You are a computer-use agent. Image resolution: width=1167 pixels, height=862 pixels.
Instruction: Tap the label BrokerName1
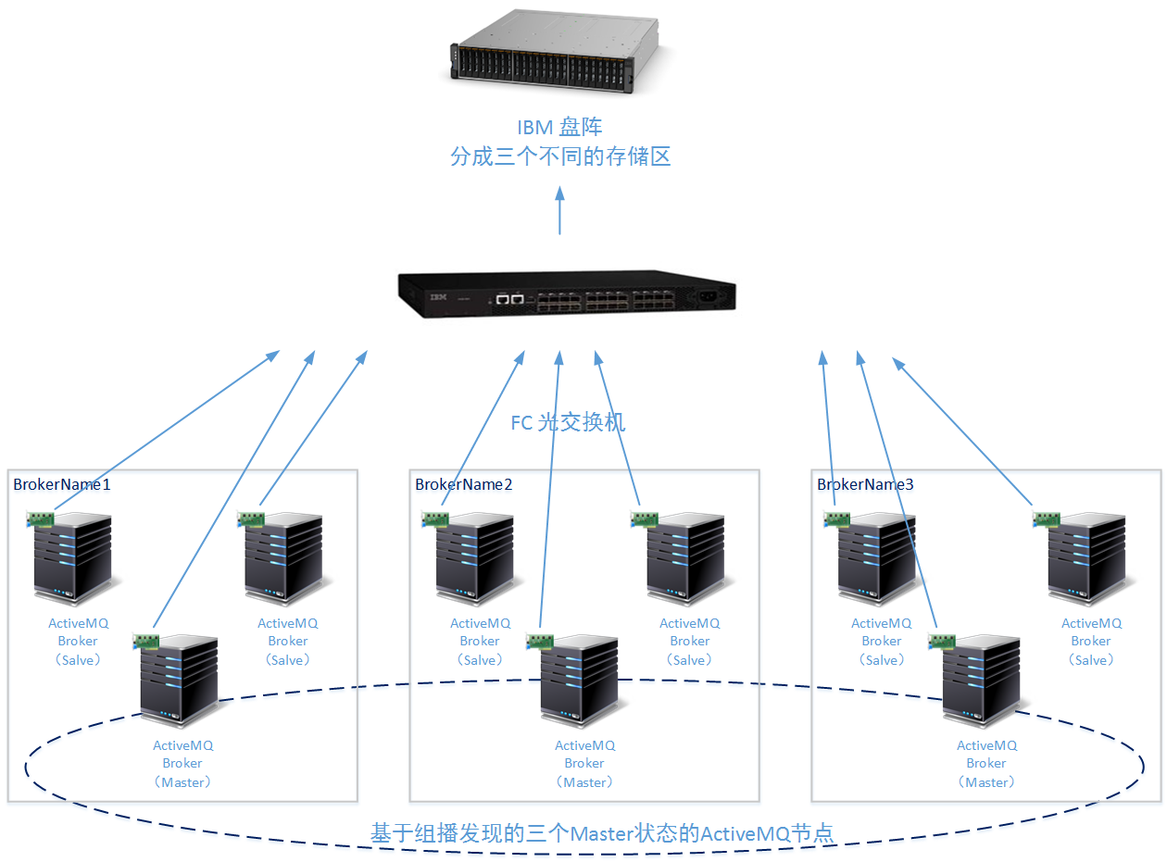[62, 484]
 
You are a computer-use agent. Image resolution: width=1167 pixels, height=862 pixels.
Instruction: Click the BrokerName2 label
[463, 484]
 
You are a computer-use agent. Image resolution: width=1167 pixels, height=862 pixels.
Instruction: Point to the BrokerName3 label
[865, 484]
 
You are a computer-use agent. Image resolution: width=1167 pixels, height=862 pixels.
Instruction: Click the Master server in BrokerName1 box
[179, 681]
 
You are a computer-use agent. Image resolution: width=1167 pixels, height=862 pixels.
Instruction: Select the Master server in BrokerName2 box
[580, 681]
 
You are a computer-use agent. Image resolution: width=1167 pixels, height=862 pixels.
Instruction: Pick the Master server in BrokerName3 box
[982, 681]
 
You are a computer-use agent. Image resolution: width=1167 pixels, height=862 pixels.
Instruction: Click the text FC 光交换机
[569, 423]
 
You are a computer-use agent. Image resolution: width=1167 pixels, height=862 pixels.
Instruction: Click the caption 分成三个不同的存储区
[560, 156]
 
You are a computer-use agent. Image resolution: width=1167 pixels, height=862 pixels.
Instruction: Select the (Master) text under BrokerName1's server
[183, 782]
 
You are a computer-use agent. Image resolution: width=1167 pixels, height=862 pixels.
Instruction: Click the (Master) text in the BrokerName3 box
[987, 782]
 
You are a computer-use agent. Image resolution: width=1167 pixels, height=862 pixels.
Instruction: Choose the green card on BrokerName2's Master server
[540, 641]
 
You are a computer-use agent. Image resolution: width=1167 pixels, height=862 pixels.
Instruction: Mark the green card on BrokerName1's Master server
[146, 641]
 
